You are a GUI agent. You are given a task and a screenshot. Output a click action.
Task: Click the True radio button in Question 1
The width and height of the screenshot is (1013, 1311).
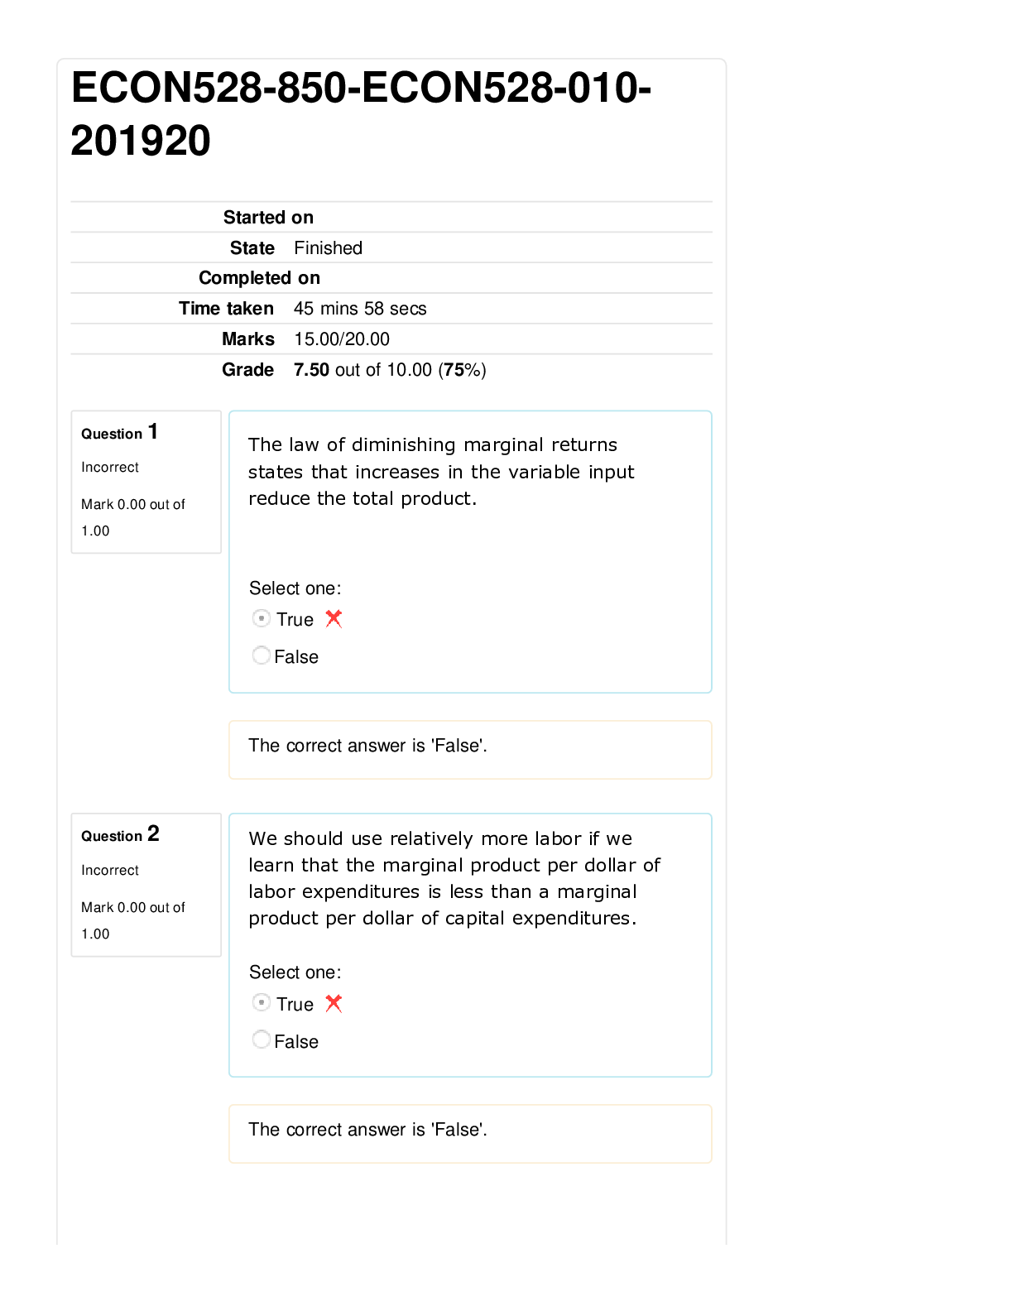pyautogui.click(x=262, y=618)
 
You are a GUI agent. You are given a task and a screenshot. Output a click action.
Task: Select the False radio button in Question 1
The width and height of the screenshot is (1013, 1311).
pyautogui.click(x=262, y=655)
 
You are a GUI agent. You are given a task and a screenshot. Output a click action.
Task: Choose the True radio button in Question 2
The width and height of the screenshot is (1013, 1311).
pyautogui.click(x=262, y=1003)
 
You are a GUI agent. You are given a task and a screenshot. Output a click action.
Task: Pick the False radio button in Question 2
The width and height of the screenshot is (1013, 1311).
pyautogui.click(x=262, y=1040)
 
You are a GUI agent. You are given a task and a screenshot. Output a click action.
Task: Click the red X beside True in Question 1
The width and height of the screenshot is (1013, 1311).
pyautogui.click(x=334, y=619)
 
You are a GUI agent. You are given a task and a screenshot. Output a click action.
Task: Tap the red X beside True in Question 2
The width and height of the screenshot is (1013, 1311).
pyautogui.click(x=334, y=1003)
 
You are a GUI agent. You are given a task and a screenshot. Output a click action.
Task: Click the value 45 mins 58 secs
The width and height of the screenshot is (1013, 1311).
pyautogui.click(x=360, y=308)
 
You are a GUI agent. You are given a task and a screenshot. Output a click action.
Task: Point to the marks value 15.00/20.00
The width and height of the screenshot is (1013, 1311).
pyautogui.click(x=342, y=339)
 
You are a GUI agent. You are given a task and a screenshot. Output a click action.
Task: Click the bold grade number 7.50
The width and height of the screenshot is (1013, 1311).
pyautogui.click(x=311, y=369)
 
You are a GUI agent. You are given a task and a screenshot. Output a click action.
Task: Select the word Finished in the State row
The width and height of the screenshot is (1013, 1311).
pyautogui.click(x=329, y=248)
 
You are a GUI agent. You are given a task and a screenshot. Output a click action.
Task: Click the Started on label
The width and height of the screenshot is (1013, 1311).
pyautogui.click(x=268, y=217)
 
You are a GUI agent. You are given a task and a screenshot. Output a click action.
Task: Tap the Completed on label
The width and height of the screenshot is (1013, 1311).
pyautogui.click(x=259, y=277)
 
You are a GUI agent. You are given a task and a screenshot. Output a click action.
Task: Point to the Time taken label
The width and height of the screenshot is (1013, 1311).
pyautogui.click(x=226, y=308)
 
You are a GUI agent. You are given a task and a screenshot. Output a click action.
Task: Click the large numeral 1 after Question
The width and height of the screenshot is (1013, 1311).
pyautogui.click(x=153, y=431)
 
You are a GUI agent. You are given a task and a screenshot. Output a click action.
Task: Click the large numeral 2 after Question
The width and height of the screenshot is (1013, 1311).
pyautogui.click(x=153, y=833)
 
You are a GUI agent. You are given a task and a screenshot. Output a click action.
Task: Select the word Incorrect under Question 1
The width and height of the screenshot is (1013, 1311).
pyautogui.click(x=110, y=468)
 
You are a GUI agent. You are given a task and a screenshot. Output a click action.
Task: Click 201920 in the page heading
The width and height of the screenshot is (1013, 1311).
pyautogui.click(x=141, y=141)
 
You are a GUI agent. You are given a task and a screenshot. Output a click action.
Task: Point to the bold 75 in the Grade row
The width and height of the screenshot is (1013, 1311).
pyautogui.click(x=454, y=369)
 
